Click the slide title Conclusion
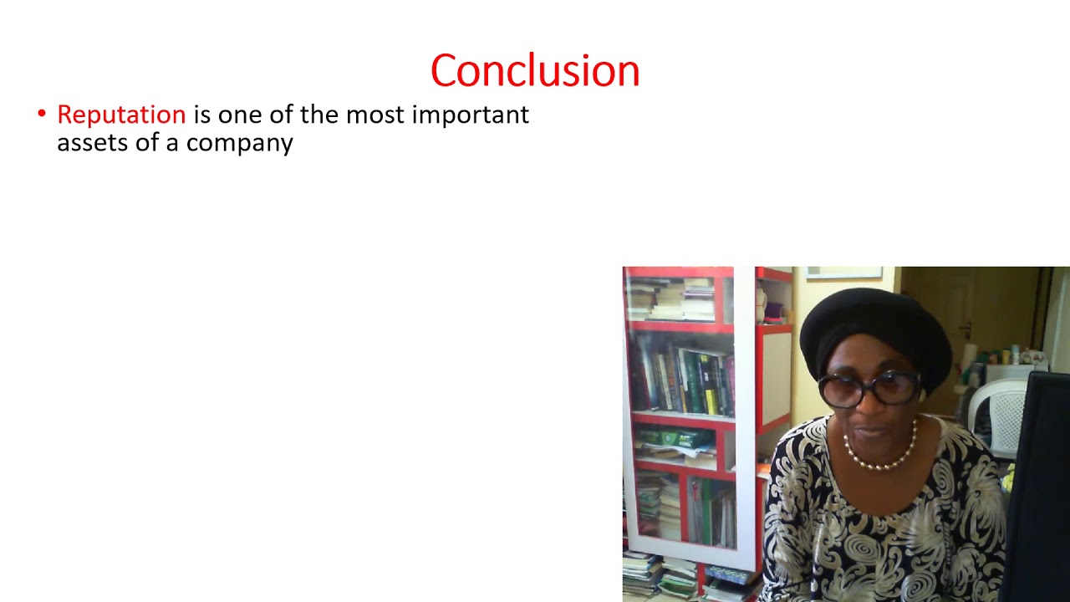(535, 71)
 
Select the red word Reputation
(121, 115)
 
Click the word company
(239, 143)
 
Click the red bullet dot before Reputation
(42, 114)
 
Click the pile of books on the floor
(660, 577)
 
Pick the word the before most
(318, 115)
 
